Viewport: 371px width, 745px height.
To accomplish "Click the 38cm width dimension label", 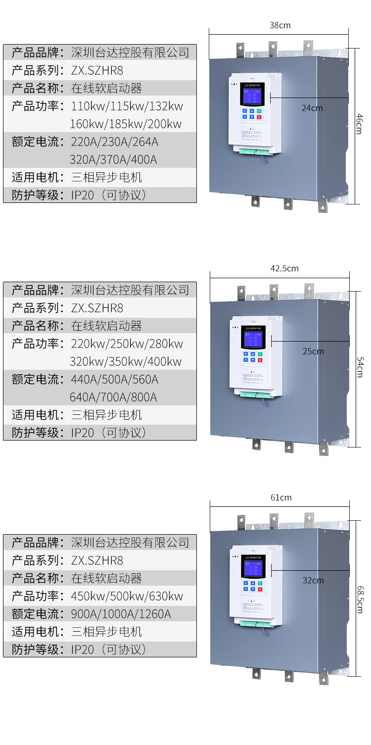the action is [x=280, y=25].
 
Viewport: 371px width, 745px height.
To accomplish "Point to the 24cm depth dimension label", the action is [x=312, y=108].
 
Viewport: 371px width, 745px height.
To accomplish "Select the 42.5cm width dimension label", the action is [x=284, y=268].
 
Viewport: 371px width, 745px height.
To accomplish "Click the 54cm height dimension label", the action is [x=360, y=368].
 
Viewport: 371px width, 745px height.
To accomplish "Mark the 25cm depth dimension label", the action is [x=313, y=351].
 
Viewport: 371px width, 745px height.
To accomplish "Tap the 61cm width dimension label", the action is [x=281, y=497].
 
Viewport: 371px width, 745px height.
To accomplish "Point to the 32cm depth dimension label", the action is [x=313, y=580].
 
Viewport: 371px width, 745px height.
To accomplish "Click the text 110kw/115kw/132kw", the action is [x=127, y=106].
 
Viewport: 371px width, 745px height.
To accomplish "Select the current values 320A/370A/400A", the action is [x=113, y=159].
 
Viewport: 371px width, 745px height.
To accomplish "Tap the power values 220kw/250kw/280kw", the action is [x=127, y=344].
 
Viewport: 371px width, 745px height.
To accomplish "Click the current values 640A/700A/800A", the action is [x=113, y=397].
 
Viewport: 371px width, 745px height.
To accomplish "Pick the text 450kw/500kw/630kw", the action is [x=127, y=596].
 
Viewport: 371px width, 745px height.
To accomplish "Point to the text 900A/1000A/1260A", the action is [x=121, y=614].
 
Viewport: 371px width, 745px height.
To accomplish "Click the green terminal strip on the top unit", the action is [x=255, y=150].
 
